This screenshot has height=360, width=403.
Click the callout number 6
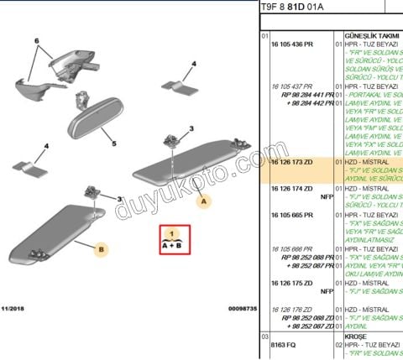coord(36,41)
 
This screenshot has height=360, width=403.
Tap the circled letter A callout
coord(201,201)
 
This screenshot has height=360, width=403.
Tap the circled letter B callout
coord(100,249)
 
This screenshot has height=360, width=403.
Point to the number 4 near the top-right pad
coord(193,63)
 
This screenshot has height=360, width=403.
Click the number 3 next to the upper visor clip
coord(191,128)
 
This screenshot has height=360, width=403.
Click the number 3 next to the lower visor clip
coord(120,199)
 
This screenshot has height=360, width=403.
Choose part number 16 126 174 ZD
coord(291,189)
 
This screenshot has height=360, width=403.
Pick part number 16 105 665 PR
coord(291,215)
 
